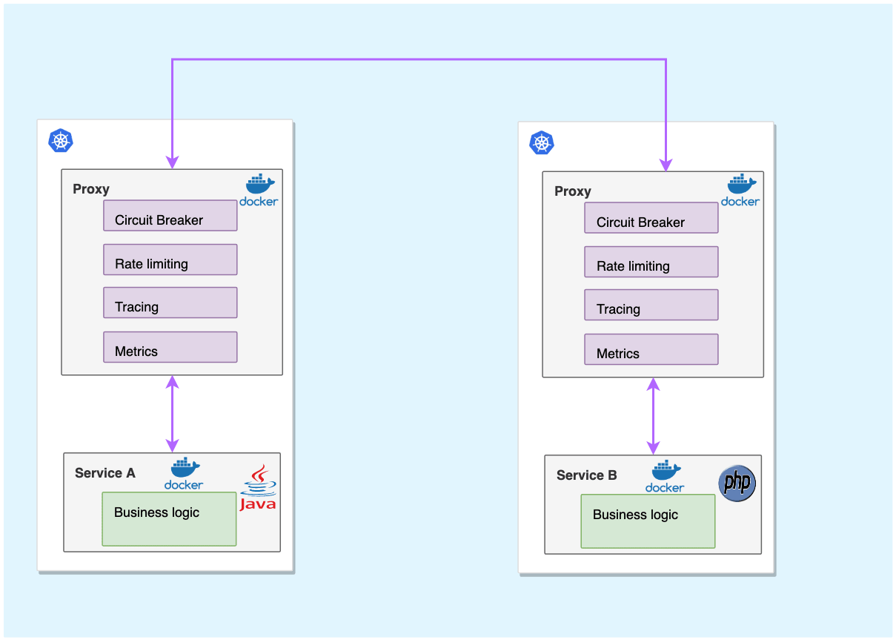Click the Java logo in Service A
[x=258, y=489]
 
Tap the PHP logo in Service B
[x=737, y=484]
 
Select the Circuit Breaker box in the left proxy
[x=170, y=215]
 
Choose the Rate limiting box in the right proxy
[x=651, y=262]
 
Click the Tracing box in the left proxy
[x=170, y=303]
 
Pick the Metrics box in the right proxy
[x=651, y=349]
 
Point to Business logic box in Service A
[x=169, y=519]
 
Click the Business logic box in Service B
[x=648, y=521]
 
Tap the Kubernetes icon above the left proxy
[x=61, y=140]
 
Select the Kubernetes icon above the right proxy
[x=542, y=142]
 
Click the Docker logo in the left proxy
[x=259, y=191]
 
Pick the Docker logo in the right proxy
[x=740, y=191]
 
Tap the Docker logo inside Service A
[x=184, y=474]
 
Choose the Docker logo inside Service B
[x=665, y=477]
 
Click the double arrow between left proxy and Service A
[x=172, y=414]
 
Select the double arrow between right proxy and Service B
[x=653, y=416]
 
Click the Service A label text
[x=105, y=473]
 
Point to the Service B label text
[x=587, y=475]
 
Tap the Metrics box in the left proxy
[x=170, y=347]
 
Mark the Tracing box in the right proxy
[x=651, y=305]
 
